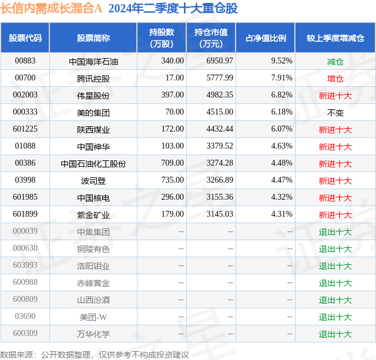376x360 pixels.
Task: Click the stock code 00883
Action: click(x=25, y=61)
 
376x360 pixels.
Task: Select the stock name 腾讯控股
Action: click(x=93, y=79)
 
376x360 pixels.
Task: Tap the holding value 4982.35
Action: click(x=220, y=95)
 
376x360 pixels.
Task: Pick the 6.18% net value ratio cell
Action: click(x=282, y=112)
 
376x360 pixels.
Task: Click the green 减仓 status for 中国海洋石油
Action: click(x=335, y=62)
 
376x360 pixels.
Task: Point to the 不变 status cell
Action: click(x=335, y=113)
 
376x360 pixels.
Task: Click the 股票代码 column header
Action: click(x=25, y=38)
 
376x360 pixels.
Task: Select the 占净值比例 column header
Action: click(x=266, y=38)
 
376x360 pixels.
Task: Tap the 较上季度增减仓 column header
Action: click(x=335, y=38)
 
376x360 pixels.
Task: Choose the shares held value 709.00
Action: click(x=172, y=163)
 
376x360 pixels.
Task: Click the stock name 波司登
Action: click(x=93, y=181)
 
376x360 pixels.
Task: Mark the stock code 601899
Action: click(x=25, y=214)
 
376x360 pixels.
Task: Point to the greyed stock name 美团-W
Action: click(x=93, y=317)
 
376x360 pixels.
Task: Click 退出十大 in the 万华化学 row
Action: click(x=335, y=334)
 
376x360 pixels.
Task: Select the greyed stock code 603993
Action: click(x=25, y=265)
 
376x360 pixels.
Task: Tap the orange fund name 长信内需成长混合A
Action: click(x=51, y=8)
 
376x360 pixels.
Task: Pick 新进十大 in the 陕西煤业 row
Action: click(x=335, y=130)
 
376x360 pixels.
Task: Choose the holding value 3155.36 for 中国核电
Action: click(x=220, y=197)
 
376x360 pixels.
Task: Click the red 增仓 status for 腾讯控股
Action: click(x=335, y=79)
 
